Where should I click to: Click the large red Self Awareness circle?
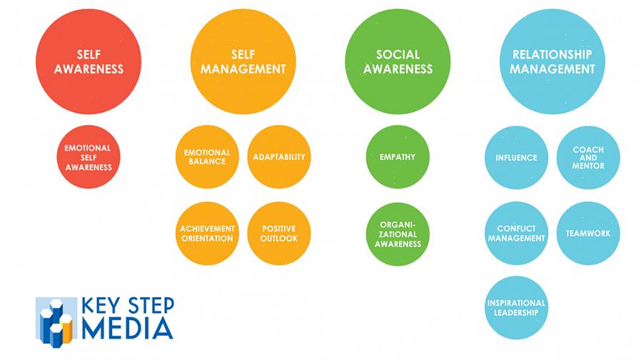click(x=89, y=62)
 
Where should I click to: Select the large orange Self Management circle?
click(x=243, y=62)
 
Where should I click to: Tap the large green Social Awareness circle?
click(x=398, y=62)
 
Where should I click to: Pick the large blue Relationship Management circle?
click(x=552, y=62)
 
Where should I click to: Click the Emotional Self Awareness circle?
click(x=89, y=157)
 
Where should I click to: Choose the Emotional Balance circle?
click(x=207, y=157)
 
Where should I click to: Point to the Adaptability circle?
click(x=279, y=157)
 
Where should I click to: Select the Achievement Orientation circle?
click(x=207, y=234)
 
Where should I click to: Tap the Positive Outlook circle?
click(x=279, y=234)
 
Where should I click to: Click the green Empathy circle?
click(x=398, y=157)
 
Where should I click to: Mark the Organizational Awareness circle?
click(x=398, y=234)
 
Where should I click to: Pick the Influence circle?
click(x=516, y=158)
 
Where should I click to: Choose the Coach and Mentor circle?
click(x=588, y=158)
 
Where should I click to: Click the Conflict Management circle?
click(x=516, y=234)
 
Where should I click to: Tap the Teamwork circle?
click(x=588, y=234)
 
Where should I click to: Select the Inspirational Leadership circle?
click(x=516, y=308)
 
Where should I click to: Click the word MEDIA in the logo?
click(x=128, y=327)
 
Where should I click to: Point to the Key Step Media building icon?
click(x=56, y=319)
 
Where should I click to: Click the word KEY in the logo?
click(x=101, y=305)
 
